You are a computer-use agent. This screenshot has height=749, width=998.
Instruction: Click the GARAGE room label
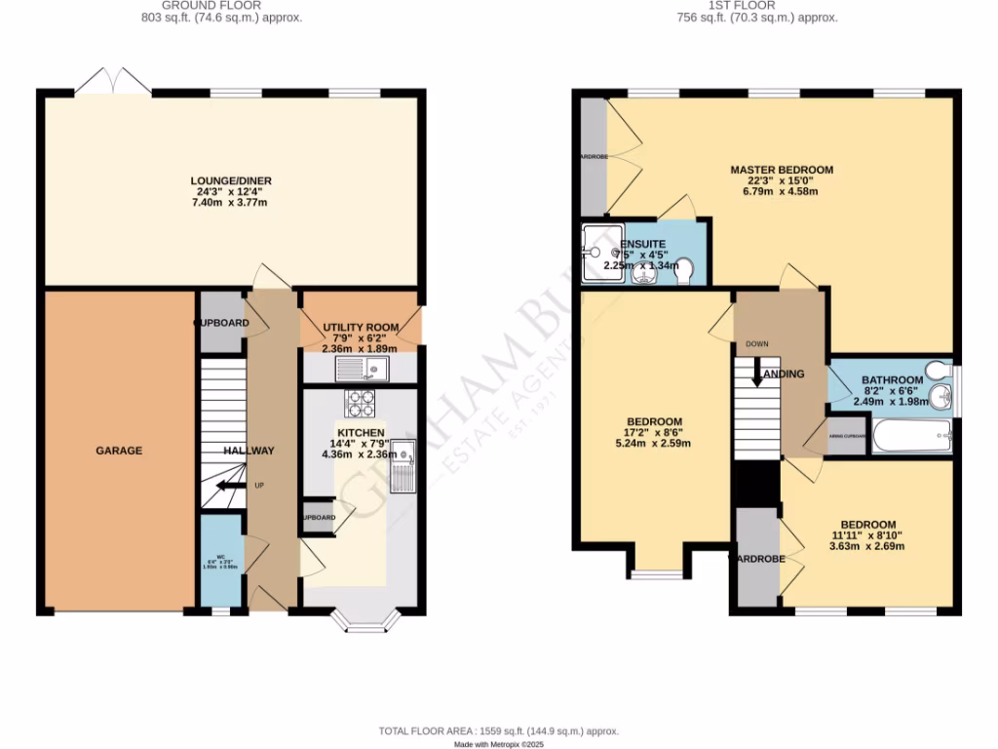pos(119,451)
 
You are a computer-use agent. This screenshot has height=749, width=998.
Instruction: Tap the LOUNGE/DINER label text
pos(231,180)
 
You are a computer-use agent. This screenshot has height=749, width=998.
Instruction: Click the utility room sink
pos(361,368)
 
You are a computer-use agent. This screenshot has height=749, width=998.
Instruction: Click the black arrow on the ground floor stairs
pos(230,486)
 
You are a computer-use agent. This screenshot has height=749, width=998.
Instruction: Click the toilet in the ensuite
pos(683,270)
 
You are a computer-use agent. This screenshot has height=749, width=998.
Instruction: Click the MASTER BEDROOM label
pos(782,170)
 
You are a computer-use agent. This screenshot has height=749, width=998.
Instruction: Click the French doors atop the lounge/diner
pos(113,83)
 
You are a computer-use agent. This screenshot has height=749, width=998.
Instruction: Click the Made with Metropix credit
pos(498,744)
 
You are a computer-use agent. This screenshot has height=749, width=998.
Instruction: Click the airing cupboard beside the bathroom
pos(845,435)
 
